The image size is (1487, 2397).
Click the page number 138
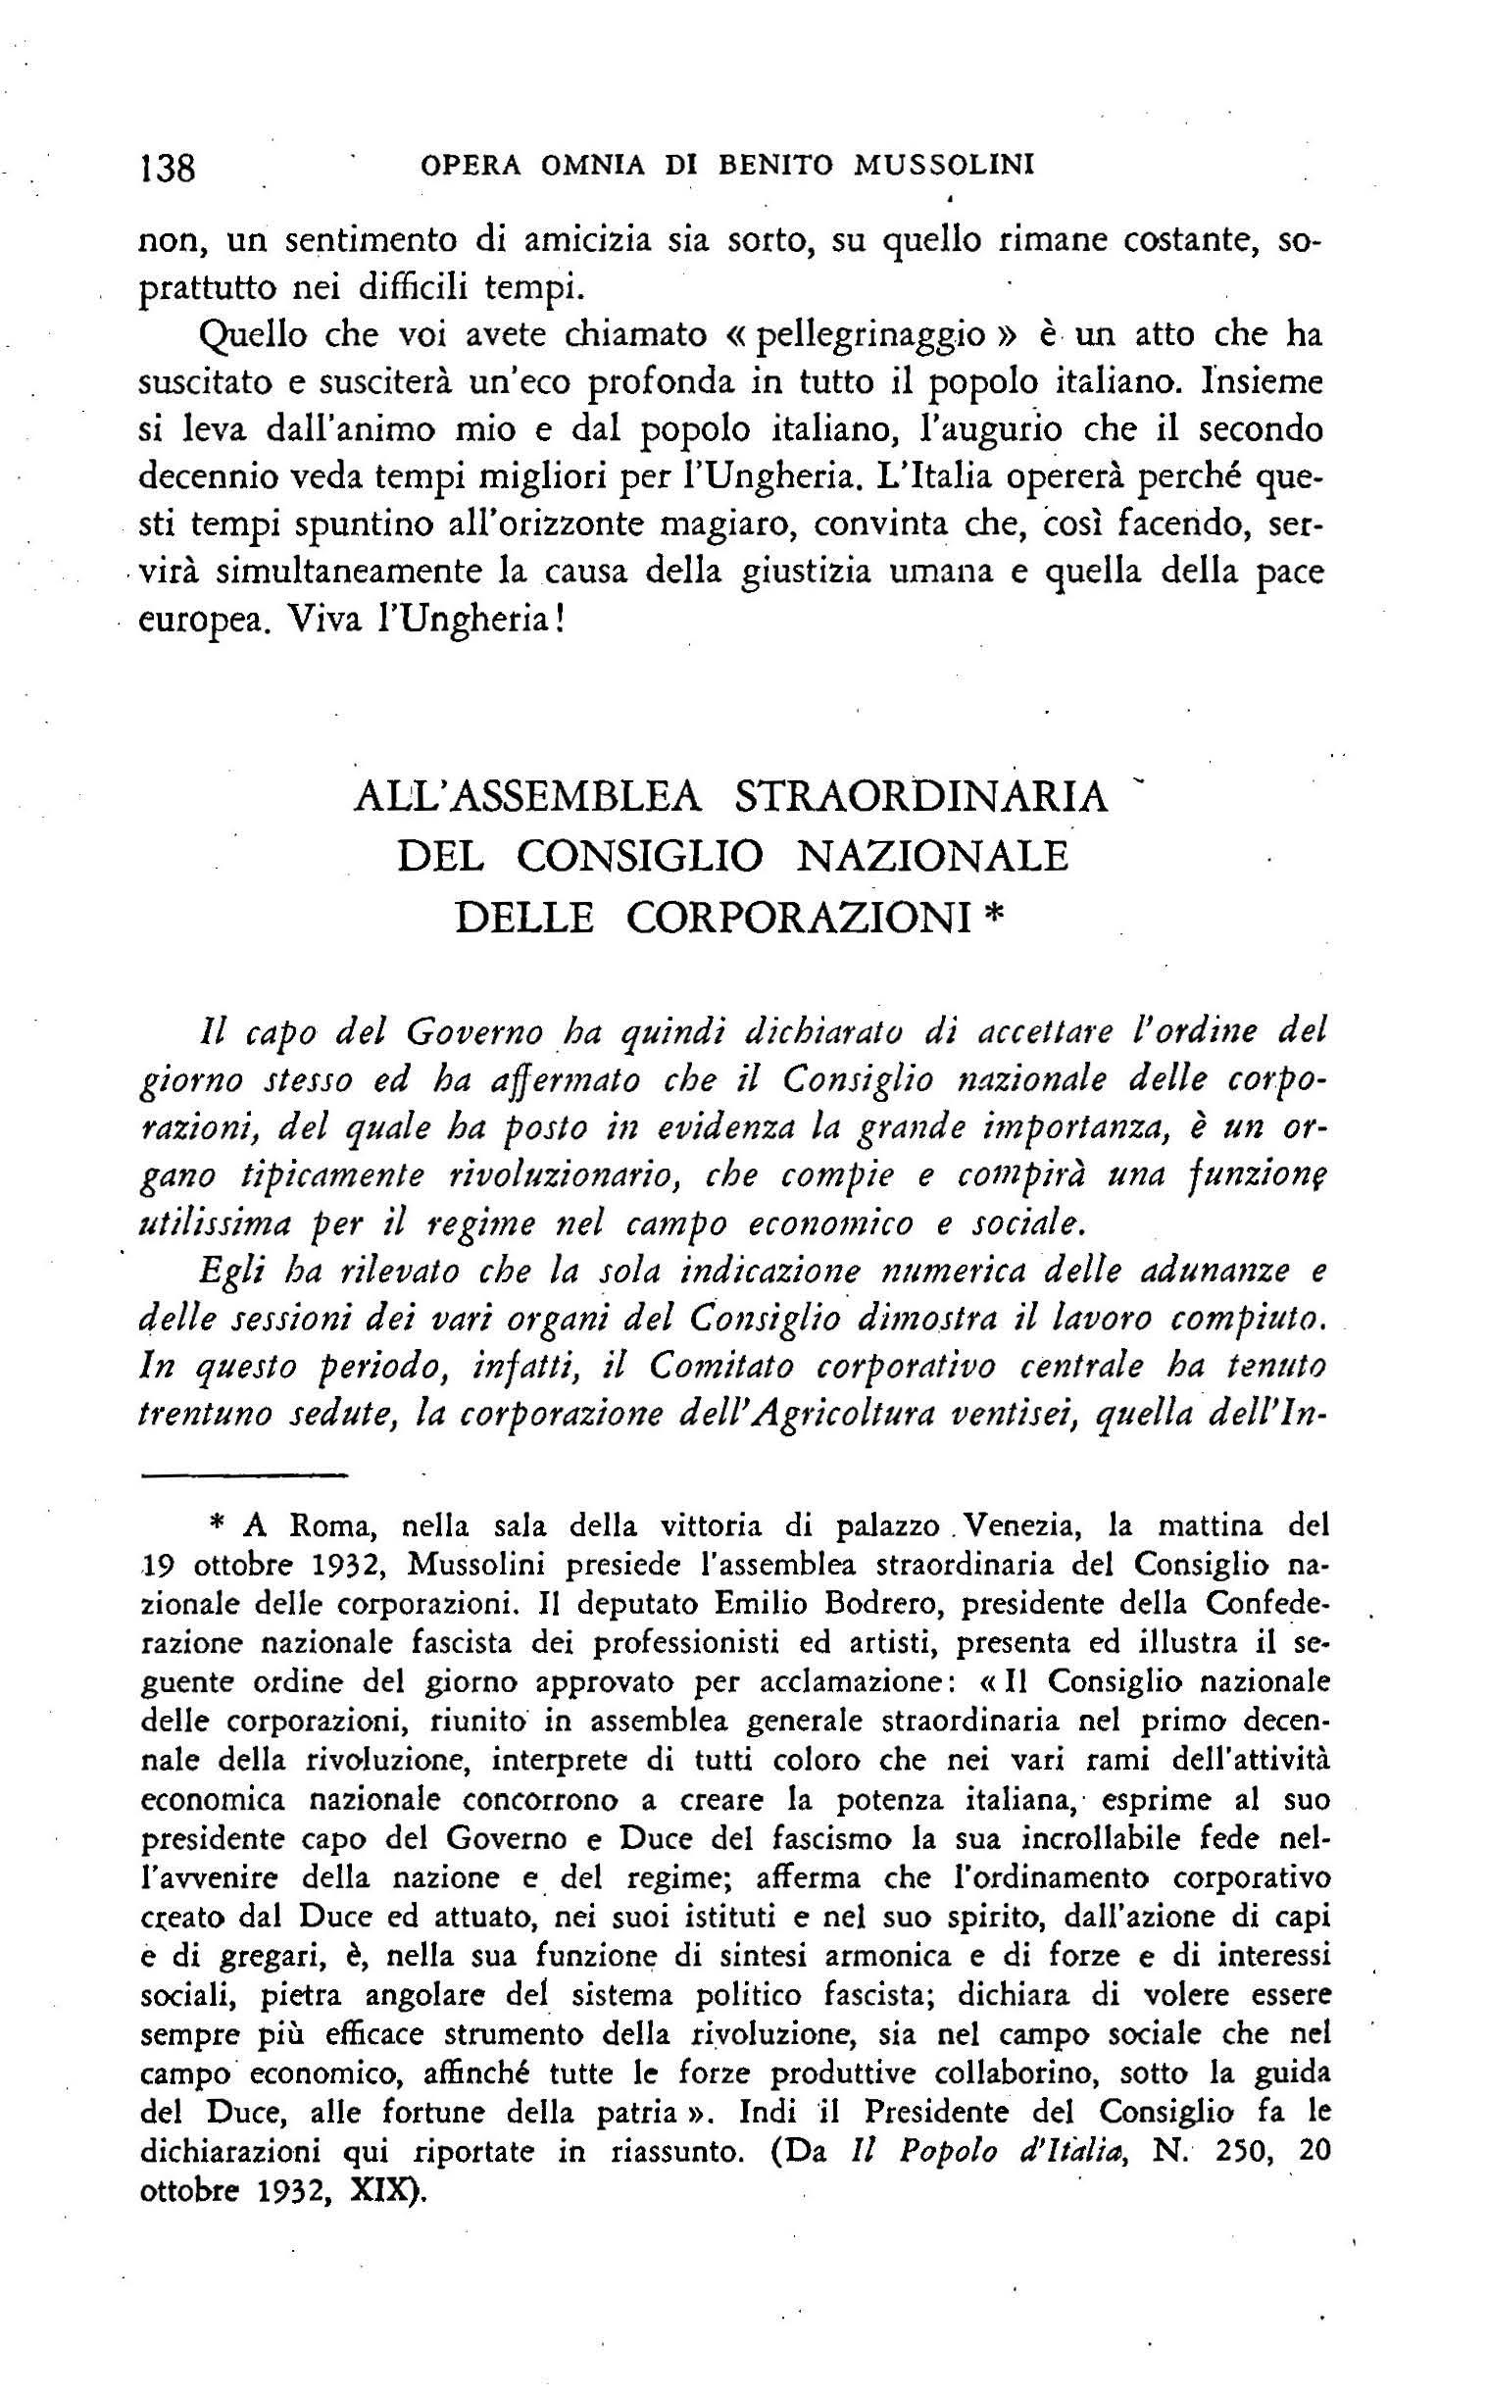tap(170, 169)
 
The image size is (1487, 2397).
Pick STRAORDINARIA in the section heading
tap(921, 797)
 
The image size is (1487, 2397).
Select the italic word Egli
tap(232, 1272)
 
